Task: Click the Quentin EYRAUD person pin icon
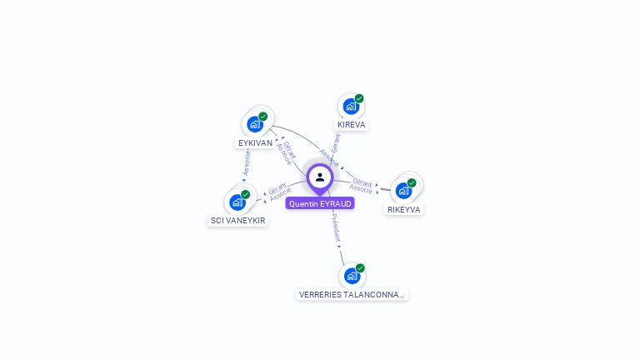[x=320, y=177]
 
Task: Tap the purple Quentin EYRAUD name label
[x=320, y=203]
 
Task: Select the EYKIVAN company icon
[x=255, y=124]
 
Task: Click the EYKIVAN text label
[x=255, y=143]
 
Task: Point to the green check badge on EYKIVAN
[x=263, y=117]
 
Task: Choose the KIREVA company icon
[x=351, y=107]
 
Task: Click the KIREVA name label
[x=352, y=125]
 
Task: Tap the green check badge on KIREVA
[x=359, y=99]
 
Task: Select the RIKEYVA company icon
[x=404, y=190]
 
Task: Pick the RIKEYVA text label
[x=404, y=209]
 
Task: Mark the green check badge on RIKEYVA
[x=412, y=182]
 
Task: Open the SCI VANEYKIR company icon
[x=237, y=202]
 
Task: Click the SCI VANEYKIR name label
[x=238, y=221]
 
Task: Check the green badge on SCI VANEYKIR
[x=246, y=194]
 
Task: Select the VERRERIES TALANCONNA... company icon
[x=352, y=275]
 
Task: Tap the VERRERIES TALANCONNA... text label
[x=352, y=294]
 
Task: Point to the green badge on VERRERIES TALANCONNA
[x=360, y=267]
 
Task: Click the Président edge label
[x=336, y=227]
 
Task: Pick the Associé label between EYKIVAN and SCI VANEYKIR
[x=247, y=162]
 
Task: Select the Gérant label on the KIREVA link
[x=336, y=142]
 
